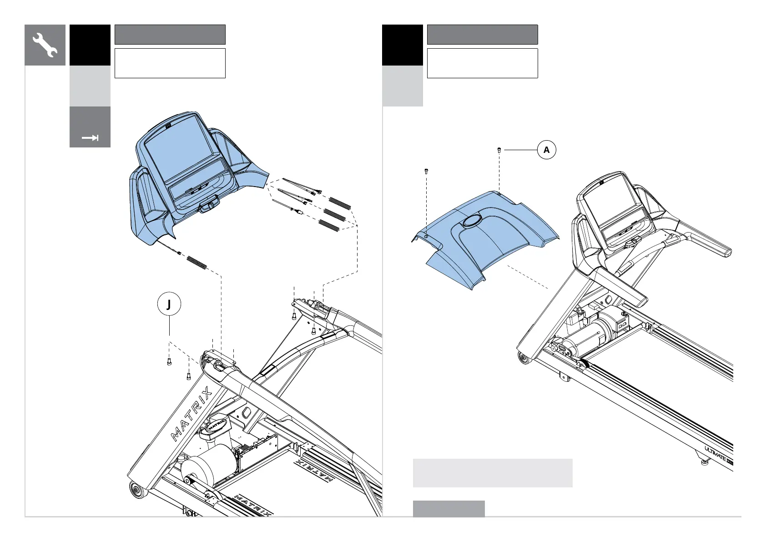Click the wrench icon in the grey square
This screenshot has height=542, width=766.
click(45, 45)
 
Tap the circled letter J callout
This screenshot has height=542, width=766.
click(169, 304)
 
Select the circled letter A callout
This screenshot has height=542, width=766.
click(547, 150)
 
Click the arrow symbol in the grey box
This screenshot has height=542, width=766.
click(90, 138)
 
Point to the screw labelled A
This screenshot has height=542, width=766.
click(499, 150)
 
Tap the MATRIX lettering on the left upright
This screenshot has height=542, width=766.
click(191, 414)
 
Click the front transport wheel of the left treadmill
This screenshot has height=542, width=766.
click(136, 491)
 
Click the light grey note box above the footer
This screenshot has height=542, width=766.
click(492, 473)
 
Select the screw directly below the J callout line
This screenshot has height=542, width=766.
click(169, 362)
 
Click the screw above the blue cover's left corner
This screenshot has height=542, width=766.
click(426, 172)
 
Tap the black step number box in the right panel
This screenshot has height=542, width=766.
click(402, 45)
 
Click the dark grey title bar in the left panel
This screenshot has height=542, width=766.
click(170, 35)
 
